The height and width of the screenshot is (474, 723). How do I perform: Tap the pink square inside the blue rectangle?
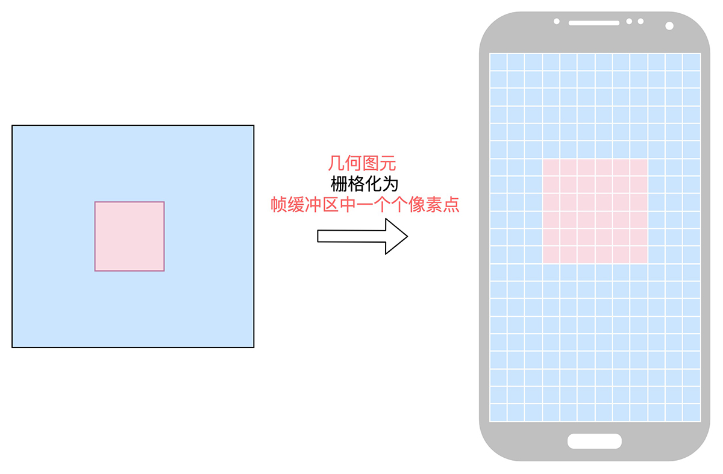pos(130,236)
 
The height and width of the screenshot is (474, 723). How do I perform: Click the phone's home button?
pos(595,441)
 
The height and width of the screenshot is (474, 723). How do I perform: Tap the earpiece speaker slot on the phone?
pos(594,23)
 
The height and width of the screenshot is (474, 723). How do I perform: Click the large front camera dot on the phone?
pos(669,26)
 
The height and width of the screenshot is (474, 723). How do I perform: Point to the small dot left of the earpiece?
pos(557,21)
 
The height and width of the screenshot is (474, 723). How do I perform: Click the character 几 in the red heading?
pos(336,163)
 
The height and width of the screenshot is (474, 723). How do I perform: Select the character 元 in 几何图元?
pos(387,163)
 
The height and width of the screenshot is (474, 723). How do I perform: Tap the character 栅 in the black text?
pos(339,184)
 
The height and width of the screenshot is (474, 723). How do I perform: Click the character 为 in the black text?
pos(390,184)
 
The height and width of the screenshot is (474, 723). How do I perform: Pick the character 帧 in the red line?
pos(278,205)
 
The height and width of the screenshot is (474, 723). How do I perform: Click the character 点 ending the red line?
pos(451,205)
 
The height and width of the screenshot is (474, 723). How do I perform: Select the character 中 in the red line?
pos(348,205)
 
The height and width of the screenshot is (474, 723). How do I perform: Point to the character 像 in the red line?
pos(417,205)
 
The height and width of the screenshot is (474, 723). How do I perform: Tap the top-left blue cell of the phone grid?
pos(498,62)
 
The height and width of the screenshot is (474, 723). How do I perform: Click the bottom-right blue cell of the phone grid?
pos(692,413)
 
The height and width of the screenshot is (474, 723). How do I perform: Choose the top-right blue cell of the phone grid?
pos(692,62)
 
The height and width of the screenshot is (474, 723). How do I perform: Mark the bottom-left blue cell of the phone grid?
pos(498,413)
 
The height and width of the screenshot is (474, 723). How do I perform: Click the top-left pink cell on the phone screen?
pos(551,167)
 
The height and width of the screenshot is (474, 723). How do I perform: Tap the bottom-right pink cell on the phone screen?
pos(639,255)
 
